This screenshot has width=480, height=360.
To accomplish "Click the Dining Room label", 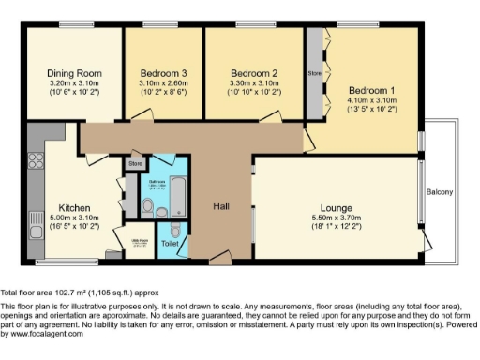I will pyautogui.click(x=74, y=73).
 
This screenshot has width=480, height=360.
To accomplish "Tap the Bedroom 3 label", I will pyautogui.click(x=164, y=73).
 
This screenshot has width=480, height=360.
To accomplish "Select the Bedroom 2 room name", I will pyautogui.click(x=255, y=73).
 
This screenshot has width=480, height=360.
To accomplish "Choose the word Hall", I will pyautogui.click(x=221, y=206).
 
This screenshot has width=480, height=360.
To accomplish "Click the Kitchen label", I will pyautogui.click(x=74, y=208).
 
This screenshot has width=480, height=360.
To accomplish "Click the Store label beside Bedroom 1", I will pyautogui.click(x=314, y=71).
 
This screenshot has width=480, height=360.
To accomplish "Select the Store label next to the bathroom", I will pyautogui.click(x=135, y=164).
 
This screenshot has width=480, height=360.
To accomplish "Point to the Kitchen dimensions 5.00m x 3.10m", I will pyautogui.click(x=74, y=218).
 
